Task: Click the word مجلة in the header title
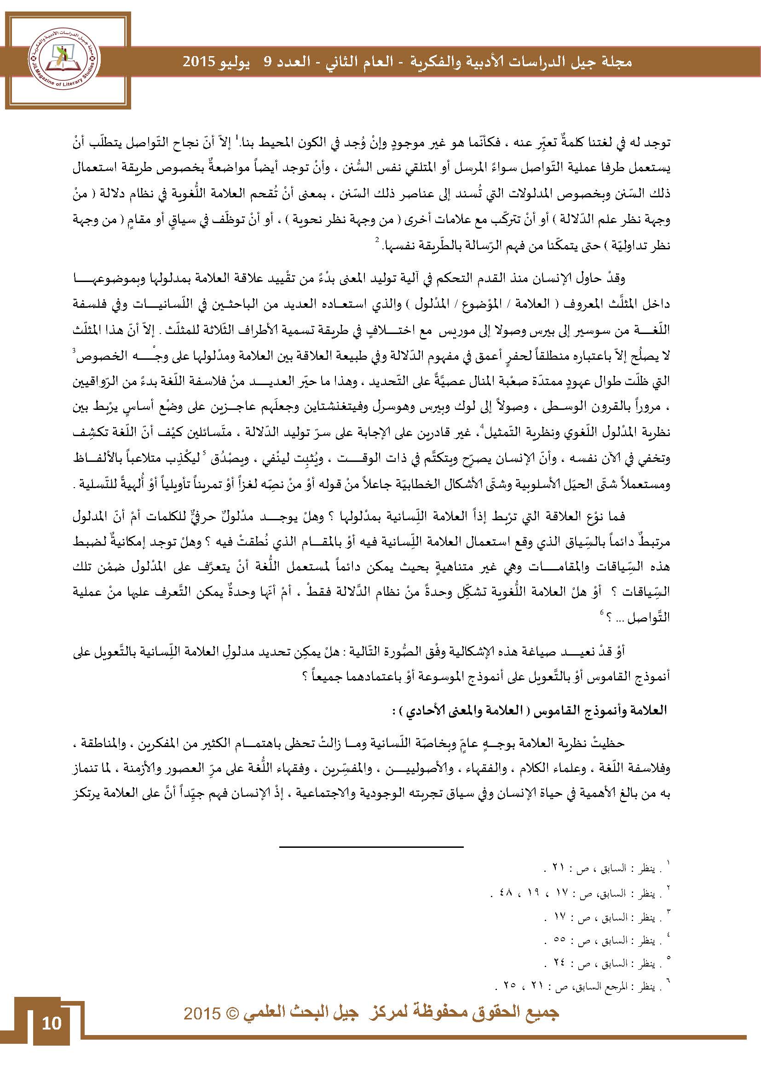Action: coord(615,62)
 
